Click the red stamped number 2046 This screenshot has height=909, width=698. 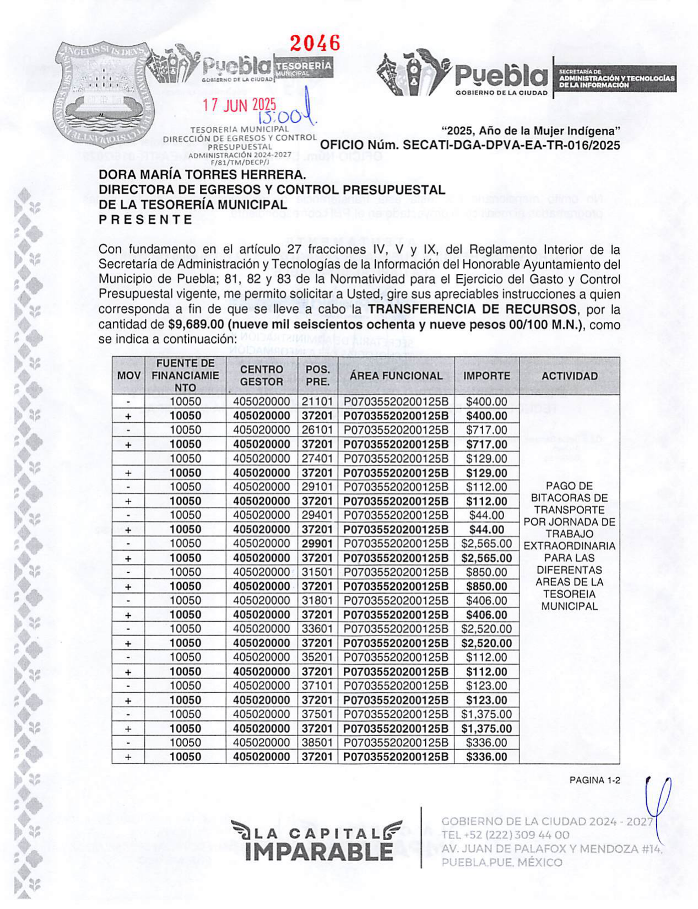click(315, 43)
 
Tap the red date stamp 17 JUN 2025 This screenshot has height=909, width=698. click(239, 105)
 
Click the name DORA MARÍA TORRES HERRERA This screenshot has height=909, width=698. click(202, 175)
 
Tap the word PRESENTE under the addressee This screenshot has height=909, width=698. click(145, 219)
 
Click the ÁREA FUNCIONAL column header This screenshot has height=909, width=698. click(396, 376)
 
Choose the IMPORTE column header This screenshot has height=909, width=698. click(486, 376)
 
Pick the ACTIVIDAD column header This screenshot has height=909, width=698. click(569, 376)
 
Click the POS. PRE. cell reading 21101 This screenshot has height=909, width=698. click(317, 402)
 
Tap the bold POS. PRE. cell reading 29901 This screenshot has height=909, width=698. click(317, 544)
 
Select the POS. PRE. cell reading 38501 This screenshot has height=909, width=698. click(317, 743)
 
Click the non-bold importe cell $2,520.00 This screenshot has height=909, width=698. click(486, 629)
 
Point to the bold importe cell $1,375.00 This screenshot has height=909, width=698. click(486, 729)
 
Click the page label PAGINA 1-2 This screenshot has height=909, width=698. click(594, 780)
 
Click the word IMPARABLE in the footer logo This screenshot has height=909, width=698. click(320, 852)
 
